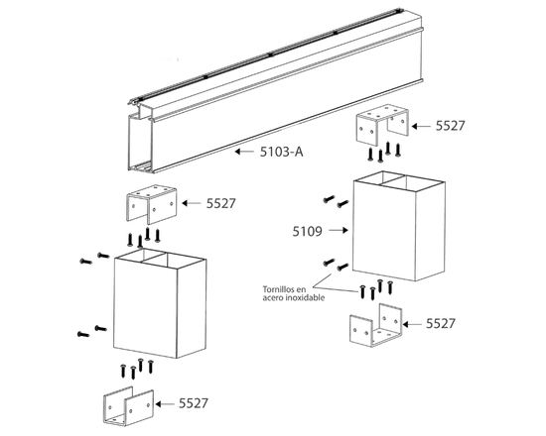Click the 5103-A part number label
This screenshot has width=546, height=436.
pyautogui.click(x=281, y=152)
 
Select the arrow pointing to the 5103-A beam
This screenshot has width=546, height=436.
pyautogui.click(x=244, y=152)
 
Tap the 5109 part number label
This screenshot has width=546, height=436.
pyautogui.click(x=307, y=231)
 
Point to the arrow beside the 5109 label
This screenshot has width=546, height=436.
pyautogui.click(x=339, y=230)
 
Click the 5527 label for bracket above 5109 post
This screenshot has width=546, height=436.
pyautogui.click(x=451, y=126)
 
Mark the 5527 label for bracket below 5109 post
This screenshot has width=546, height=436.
pyautogui.click(x=441, y=324)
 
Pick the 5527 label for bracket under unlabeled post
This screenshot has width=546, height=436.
pyautogui.click(x=194, y=403)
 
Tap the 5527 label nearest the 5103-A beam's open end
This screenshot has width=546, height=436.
pyautogui.click(x=220, y=203)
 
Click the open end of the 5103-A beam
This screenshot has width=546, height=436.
pyautogui.click(x=141, y=143)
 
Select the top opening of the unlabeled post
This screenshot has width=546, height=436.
pyautogui.click(x=160, y=259)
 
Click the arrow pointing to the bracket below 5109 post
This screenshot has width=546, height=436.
pyautogui.click(x=412, y=324)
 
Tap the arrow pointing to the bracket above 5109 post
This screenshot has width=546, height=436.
pyautogui.click(x=421, y=127)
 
